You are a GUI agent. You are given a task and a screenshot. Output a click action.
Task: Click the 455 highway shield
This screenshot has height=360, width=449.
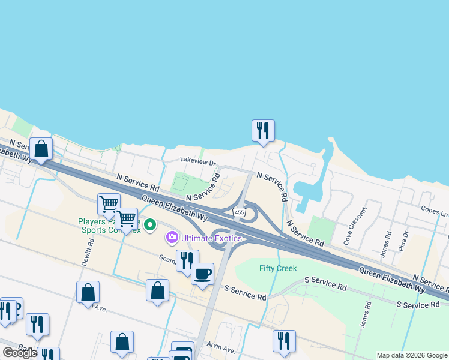pyautogui.click(x=240, y=213)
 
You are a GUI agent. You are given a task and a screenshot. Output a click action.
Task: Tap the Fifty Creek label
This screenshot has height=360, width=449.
pyautogui.click(x=278, y=268)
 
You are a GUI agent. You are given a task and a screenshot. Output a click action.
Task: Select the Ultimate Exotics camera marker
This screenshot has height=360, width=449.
pyautogui.click(x=172, y=238)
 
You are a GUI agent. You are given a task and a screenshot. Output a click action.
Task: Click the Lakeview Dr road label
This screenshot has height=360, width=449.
pyautogui.click(x=198, y=161)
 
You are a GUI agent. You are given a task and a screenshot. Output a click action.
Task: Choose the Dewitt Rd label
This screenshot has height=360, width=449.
pyautogui.click(x=91, y=252)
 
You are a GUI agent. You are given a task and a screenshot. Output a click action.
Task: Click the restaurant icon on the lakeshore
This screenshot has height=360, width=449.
pyautogui.click(x=263, y=130)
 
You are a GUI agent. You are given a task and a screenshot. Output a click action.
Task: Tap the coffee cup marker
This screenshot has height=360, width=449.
pyautogui.click(x=202, y=274)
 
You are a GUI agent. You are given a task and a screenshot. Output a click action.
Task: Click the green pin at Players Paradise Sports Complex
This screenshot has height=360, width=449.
pyautogui.click(x=150, y=225)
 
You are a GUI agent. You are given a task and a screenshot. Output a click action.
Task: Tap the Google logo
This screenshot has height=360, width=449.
pyautogui.click(x=19, y=353)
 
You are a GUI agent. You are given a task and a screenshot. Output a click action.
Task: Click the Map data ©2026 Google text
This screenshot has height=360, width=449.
pyautogui.click(x=412, y=355)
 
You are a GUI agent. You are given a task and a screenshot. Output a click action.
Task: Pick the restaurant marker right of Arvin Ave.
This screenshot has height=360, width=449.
pyautogui.click(x=284, y=340)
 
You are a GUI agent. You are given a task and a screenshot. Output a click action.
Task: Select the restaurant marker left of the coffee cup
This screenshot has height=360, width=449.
pyautogui.click(x=187, y=260)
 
